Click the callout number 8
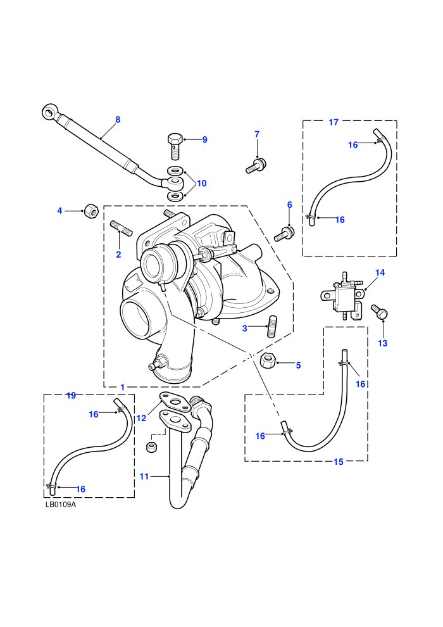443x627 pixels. (x=118, y=120)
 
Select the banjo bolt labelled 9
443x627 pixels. (x=174, y=146)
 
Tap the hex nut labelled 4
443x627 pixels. (x=90, y=210)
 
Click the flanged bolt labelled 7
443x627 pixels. (x=256, y=165)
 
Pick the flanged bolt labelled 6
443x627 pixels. (x=284, y=234)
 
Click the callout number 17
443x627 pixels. (x=334, y=122)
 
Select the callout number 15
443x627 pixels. (x=339, y=462)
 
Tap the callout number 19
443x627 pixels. (x=71, y=395)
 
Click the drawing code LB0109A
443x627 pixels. (x=60, y=504)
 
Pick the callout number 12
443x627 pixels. (x=141, y=418)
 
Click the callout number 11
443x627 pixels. (x=144, y=476)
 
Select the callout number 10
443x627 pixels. (x=202, y=183)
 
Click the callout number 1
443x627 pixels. (x=123, y=387)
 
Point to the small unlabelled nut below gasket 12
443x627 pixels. (x=151, y=446)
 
